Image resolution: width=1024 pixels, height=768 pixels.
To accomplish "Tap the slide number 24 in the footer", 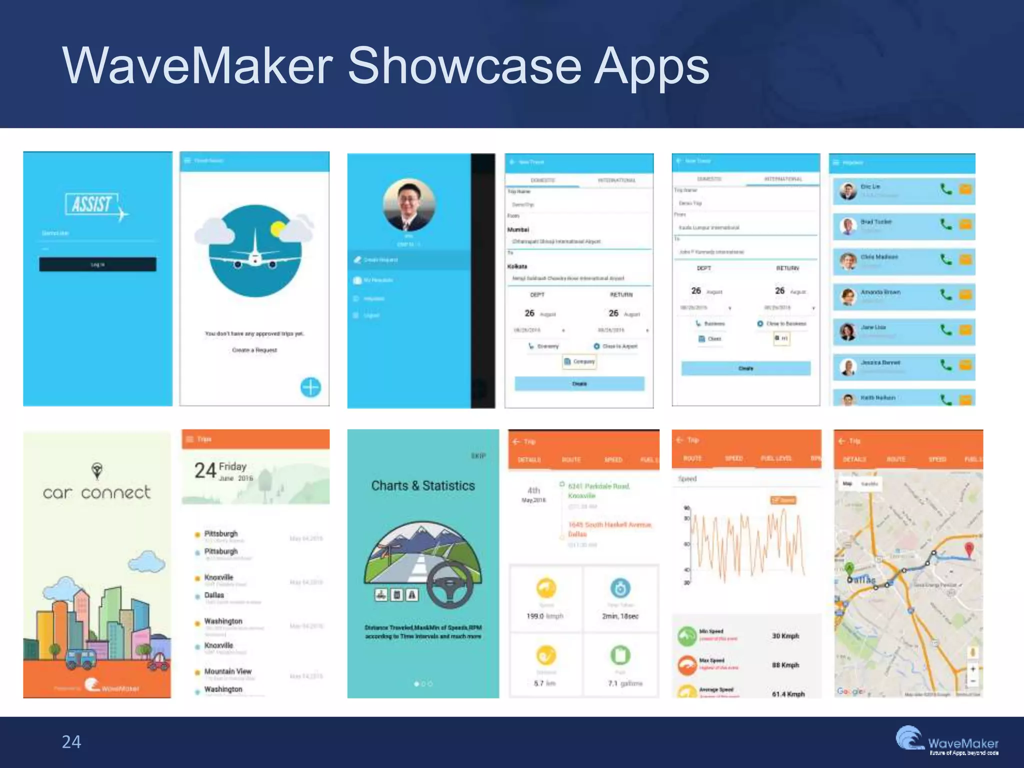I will tap(71, 742).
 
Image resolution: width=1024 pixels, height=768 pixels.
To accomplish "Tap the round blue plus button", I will tap(310, 387).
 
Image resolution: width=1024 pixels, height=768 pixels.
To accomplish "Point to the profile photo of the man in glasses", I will tap(409, 205).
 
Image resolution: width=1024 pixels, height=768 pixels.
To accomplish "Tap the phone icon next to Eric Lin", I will tap(946, 189).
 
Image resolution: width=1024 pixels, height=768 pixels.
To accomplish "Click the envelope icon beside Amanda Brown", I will tap(965, 294).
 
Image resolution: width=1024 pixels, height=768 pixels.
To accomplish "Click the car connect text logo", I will tap(96, 492).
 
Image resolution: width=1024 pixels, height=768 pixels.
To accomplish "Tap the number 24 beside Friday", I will tap(205, 470).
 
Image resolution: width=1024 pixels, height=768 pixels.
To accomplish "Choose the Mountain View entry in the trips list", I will tap(227, 671).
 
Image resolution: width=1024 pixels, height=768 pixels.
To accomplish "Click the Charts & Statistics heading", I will tap(423, 485).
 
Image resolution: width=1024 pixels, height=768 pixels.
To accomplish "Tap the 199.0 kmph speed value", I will tap(544, 616).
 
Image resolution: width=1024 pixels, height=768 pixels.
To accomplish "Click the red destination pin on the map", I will tap(969, 548).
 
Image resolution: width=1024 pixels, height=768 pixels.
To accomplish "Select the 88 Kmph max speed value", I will tap(785, 665).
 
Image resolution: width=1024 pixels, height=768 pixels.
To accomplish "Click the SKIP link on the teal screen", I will tap(478, 456).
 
